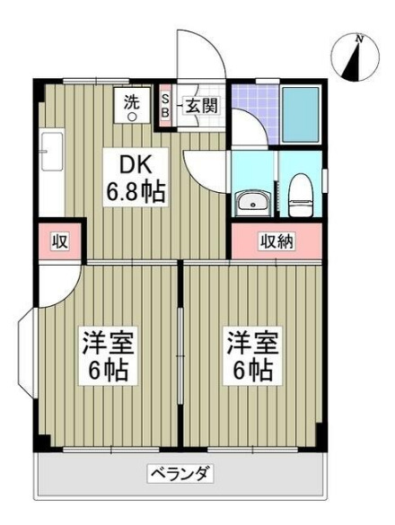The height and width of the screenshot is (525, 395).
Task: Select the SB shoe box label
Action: pos(165,105)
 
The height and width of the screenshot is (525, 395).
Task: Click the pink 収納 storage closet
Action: pos(277,241)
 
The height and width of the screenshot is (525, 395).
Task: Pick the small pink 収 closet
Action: pos(60,241)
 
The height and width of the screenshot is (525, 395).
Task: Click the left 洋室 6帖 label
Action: pos(106,354)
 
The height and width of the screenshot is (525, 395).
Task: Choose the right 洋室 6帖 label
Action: pos(249,354)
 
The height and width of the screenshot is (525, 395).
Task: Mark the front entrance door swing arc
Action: pos(199,54)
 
